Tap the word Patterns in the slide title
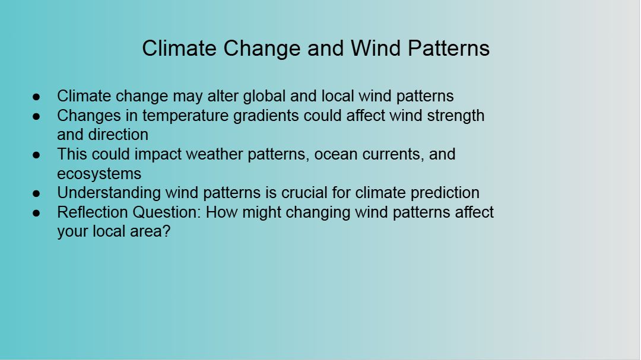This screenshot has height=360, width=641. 449,48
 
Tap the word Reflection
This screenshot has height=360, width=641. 93,212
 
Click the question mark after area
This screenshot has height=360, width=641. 166,231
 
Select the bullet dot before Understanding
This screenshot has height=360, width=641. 36,193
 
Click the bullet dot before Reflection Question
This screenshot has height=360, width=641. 36,213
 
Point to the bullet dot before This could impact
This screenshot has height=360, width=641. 36,155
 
